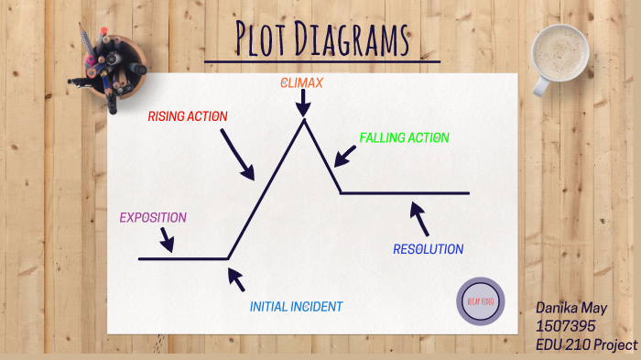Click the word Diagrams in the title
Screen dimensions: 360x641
[355, 39]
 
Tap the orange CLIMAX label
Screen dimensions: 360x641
[301, 83]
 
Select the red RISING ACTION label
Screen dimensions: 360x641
[188, 116]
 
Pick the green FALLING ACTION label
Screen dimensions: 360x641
[404, 137]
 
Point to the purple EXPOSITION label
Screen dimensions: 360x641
[153, 218]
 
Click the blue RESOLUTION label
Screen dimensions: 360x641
[428, 249]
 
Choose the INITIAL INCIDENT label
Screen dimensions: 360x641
[296, 307]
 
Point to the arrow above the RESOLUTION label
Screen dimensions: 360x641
[419, 218]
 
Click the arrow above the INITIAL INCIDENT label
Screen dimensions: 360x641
[235, 278]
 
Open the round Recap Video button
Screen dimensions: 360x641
[480, 301]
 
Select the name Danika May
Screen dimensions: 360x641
[571, 310]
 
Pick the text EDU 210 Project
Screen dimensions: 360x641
[586, 344]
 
